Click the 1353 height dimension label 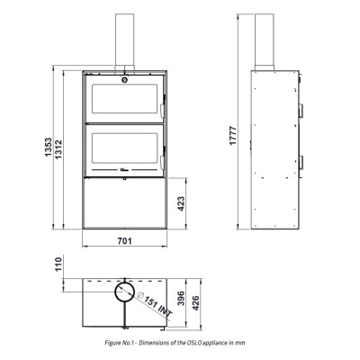pyautogui.click(x=49, y=148)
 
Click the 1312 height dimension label pyautogui.click(x=58, y=149)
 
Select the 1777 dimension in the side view pyautogui.click(x=233, y=136)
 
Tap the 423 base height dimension pyautogui.click(x=181, y=203)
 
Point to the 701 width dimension pyautogui.click(x=124, y=241)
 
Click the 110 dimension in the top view pyautogui.click(x=58, y=264)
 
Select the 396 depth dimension pyautogui.click(x=181, y=299)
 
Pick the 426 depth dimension pyautogui.click(x=195, y=303)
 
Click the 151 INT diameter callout pyautogui.click(x=156, y=304)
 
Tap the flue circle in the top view pyautogui.click(x=124, y=282)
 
